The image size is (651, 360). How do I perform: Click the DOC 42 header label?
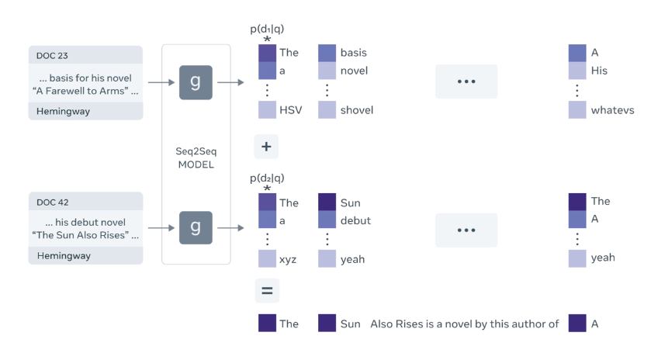[x=52, y=202]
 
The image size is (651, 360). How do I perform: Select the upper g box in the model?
[x=196, y=82]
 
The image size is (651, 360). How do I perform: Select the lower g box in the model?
[x=196, y=228]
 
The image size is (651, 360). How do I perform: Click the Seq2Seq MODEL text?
[x=196, y=157]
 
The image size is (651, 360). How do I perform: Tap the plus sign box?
[x=267, y=146]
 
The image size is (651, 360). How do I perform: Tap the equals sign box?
[x=267, y=291]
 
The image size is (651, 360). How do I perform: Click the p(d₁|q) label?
[x=267, y=29]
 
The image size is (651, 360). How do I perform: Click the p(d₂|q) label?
[x=267, y=178]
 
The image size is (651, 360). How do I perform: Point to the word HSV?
[x=290, y=110]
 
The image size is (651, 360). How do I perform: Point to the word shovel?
[x=356, y=110]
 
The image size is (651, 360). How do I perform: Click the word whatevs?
[x=611, y=110]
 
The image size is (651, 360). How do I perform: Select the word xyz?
[x=288, y=259]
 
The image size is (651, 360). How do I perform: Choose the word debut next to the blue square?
[x=355, y=220]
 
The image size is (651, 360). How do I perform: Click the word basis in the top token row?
[x=353, y=53]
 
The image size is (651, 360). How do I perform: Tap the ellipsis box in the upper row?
[x=466, y=81]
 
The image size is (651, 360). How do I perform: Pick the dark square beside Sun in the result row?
[x=327, y=324]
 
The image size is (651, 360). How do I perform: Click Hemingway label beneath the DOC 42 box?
[x=64, y=255]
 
